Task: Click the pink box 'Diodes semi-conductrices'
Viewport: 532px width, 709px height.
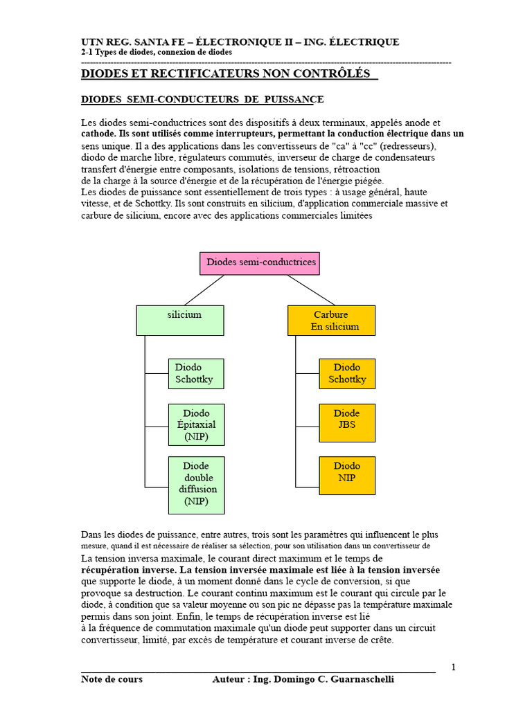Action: tap(261, 263)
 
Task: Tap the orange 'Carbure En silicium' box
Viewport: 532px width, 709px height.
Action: tap(331, 320)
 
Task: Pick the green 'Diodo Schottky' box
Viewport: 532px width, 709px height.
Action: tap(196, 373)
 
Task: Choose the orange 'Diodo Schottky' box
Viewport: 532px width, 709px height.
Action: tap(347, 373)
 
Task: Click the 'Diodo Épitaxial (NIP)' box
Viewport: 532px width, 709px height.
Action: tap(196, 424)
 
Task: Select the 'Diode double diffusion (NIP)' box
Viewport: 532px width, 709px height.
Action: tap(196, 485)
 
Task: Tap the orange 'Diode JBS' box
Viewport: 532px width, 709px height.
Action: tap(347, 422)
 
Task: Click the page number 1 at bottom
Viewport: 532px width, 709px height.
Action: tap(453, 667)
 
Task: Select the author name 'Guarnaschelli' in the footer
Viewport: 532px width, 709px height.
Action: tap(360, 679)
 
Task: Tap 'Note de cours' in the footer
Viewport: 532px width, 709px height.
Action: tap(112, 679)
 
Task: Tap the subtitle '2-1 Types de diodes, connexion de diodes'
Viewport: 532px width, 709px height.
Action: tap(156, 53)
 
